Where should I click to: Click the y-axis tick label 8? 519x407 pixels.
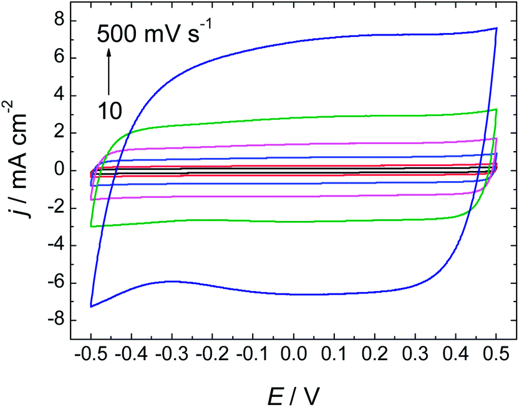click(x=58, y=21)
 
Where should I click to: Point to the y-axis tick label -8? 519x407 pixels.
click(x=55, y=321)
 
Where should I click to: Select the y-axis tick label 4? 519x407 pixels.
click(x=58, y=96)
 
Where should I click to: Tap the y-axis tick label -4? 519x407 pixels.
click(x=55, y=246)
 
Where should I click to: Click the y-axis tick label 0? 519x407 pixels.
click(x=58, y=170)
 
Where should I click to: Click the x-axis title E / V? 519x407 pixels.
click(x=293, y=393)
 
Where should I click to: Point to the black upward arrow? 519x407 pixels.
click(x=109, y=72)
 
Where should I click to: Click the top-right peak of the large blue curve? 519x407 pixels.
click(x=496, y=28)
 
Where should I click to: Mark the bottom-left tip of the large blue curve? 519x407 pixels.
click(x=91, y=306)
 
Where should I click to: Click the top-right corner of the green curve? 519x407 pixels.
click(x=496, y=109)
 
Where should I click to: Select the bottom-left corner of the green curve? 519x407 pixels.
click(x=92, y=226)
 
